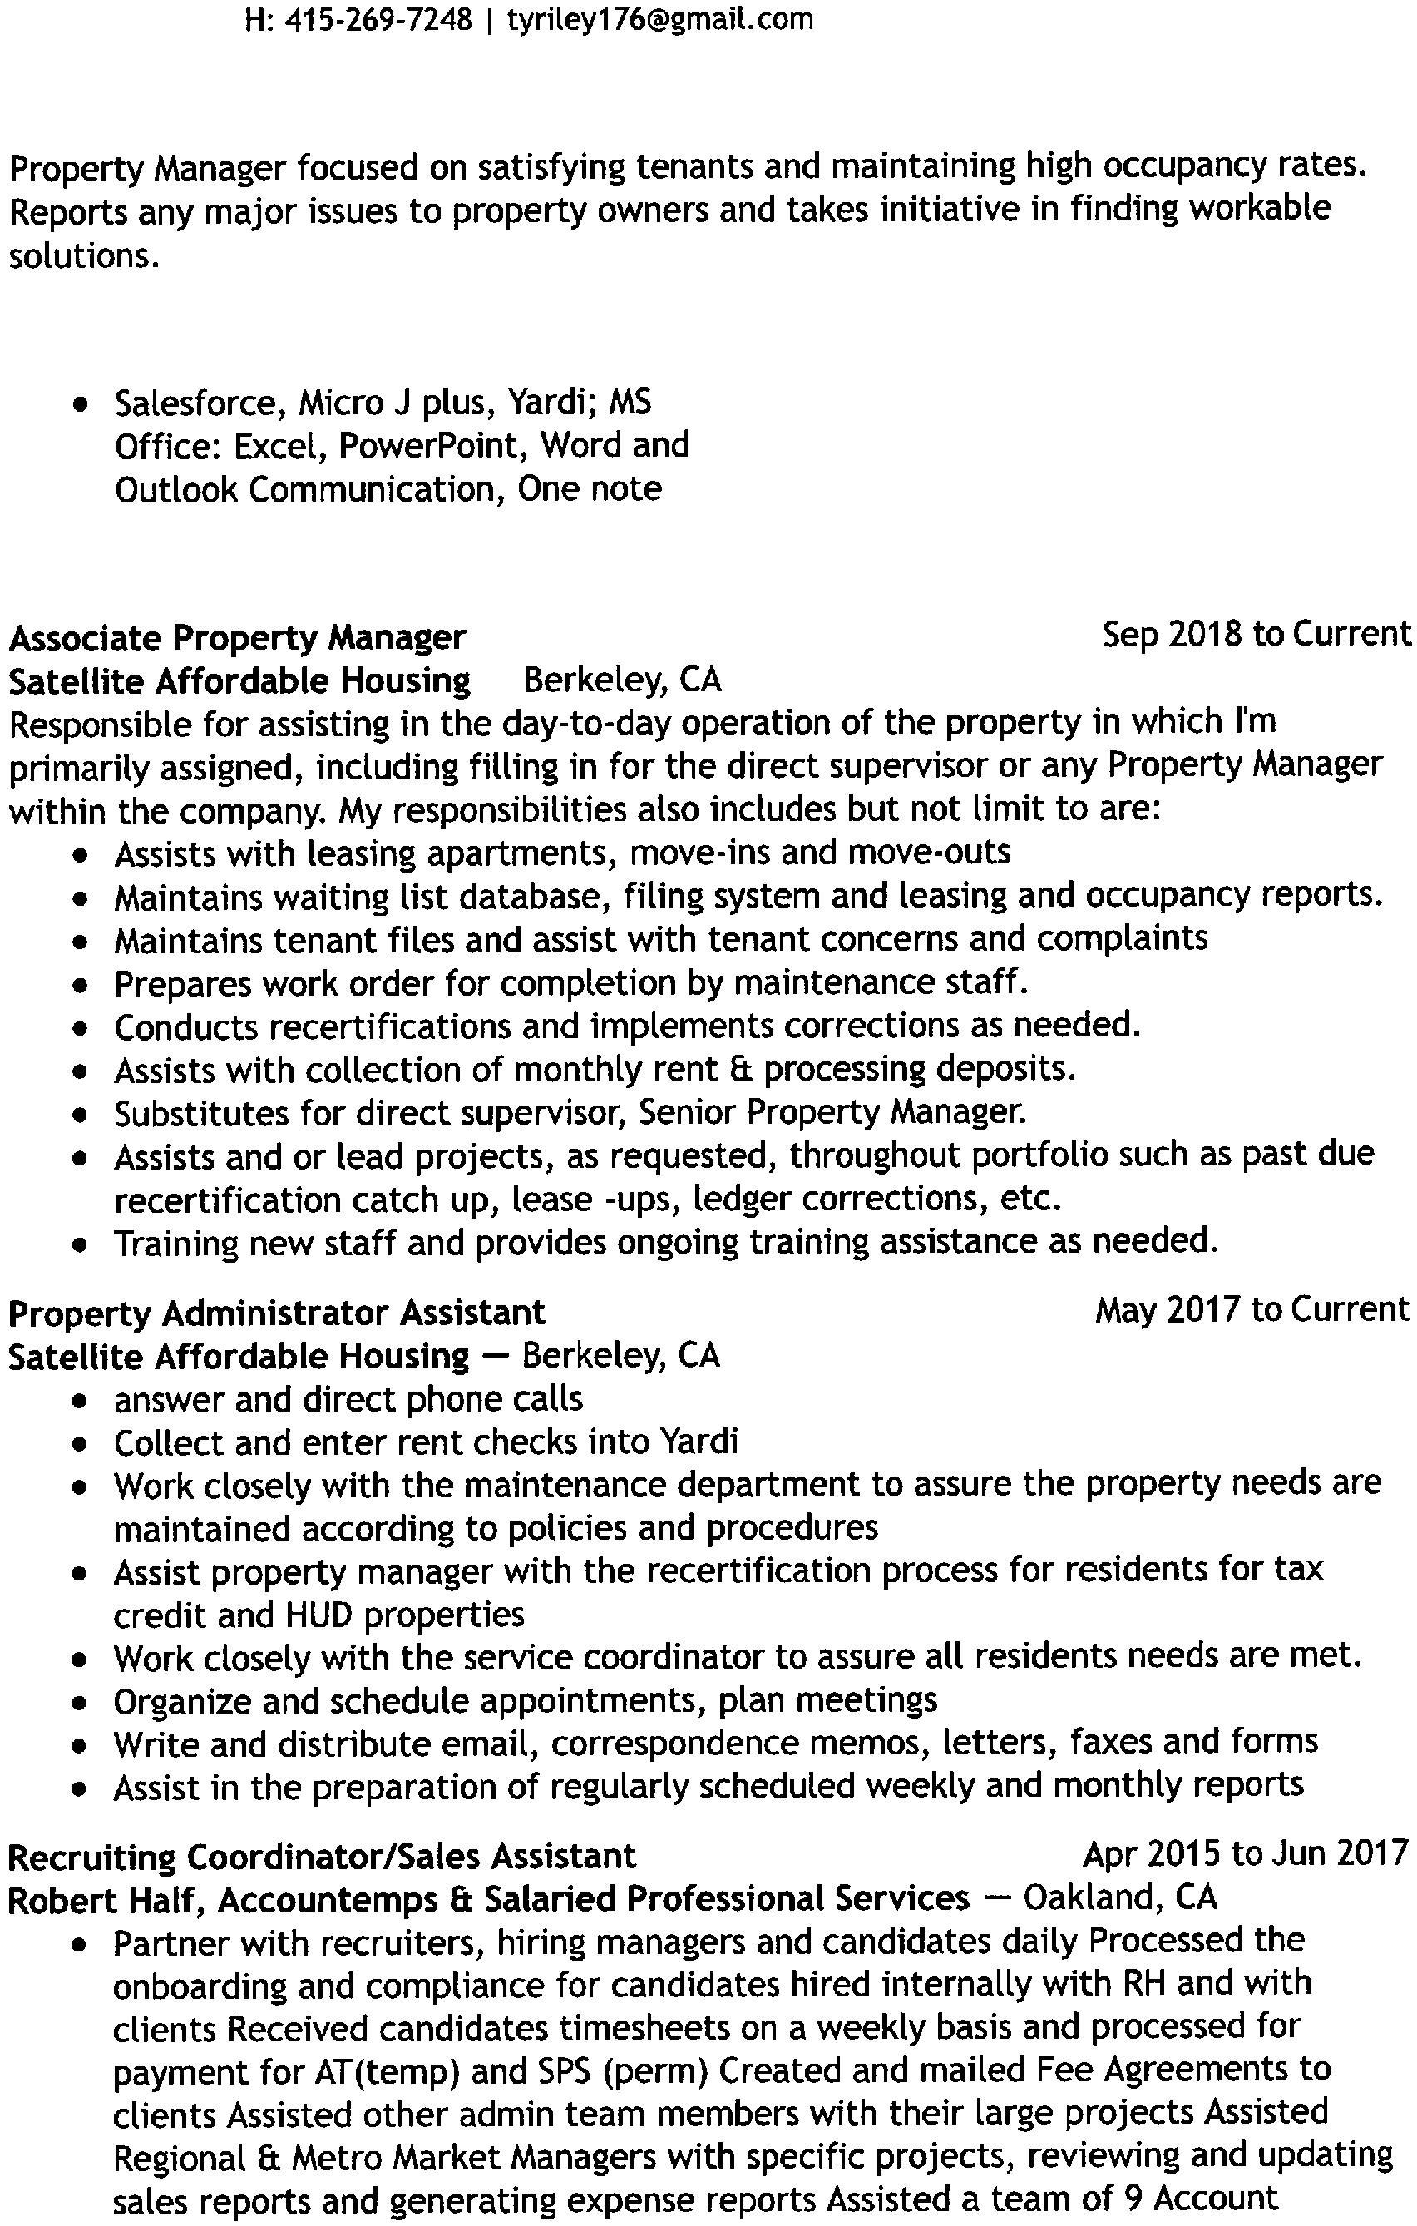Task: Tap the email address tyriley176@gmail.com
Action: (x=660, y=19)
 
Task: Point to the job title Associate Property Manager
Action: (x=238, y=637)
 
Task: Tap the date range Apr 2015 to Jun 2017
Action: (x=1245, y=1853)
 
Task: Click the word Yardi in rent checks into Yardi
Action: (x=698, y=1442)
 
